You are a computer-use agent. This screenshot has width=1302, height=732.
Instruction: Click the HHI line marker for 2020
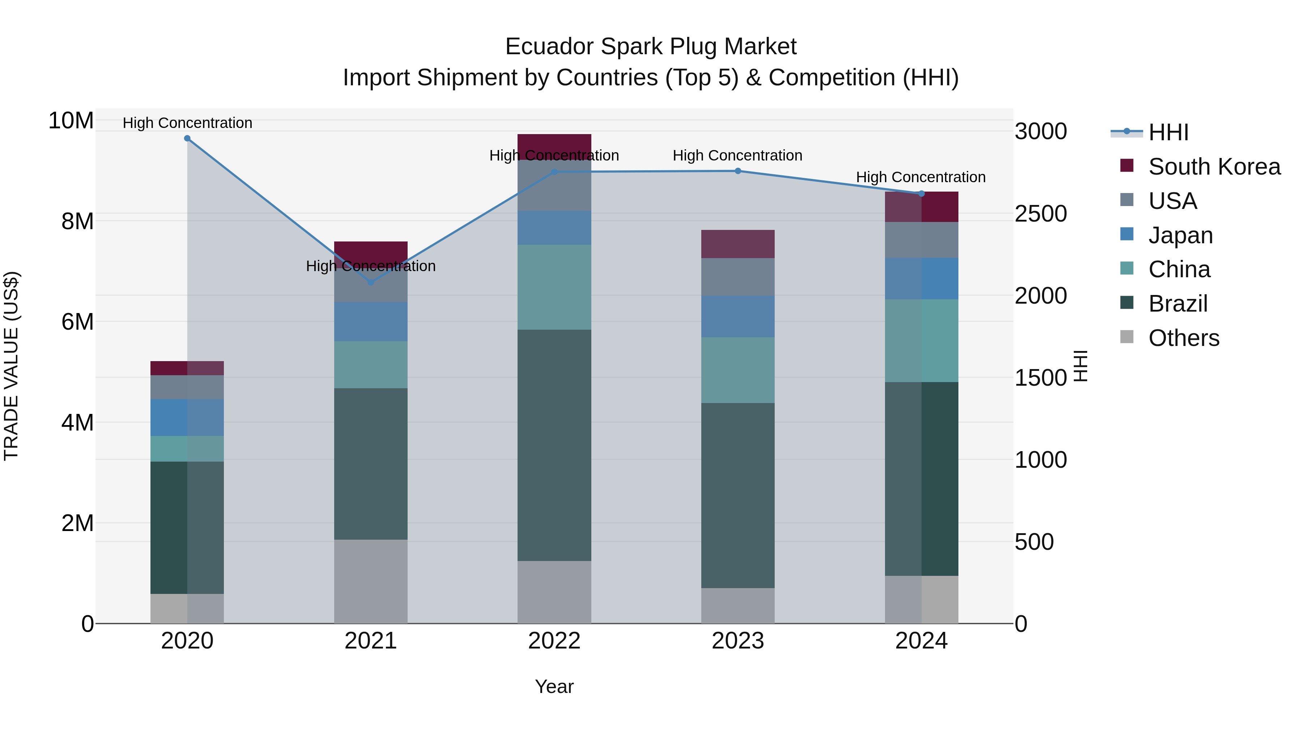(187, 138)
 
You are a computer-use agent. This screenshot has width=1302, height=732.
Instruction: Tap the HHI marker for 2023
(737, 171)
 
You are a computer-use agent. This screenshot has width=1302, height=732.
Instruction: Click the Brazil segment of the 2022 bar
(554, 445)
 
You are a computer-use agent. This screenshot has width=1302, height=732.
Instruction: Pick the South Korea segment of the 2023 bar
(737, 244)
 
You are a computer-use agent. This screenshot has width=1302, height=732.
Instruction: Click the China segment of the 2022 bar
(554, 287)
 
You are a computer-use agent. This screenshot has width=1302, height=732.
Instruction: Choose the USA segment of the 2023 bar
(737, 277)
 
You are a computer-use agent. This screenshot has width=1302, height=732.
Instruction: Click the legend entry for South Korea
(1214, 167)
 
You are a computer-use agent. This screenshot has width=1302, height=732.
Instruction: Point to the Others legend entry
(1183, 338)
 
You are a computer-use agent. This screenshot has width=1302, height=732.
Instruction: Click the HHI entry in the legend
(1168, 132)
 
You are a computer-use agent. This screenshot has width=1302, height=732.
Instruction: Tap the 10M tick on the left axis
(71, 121)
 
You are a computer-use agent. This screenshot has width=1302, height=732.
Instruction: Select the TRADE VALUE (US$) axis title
(11, 366)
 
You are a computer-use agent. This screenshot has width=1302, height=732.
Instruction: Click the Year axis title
(554, 686)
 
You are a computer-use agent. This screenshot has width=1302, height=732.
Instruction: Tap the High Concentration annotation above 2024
(920, 177)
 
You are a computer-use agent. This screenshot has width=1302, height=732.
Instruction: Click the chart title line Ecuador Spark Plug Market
(651, 47)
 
